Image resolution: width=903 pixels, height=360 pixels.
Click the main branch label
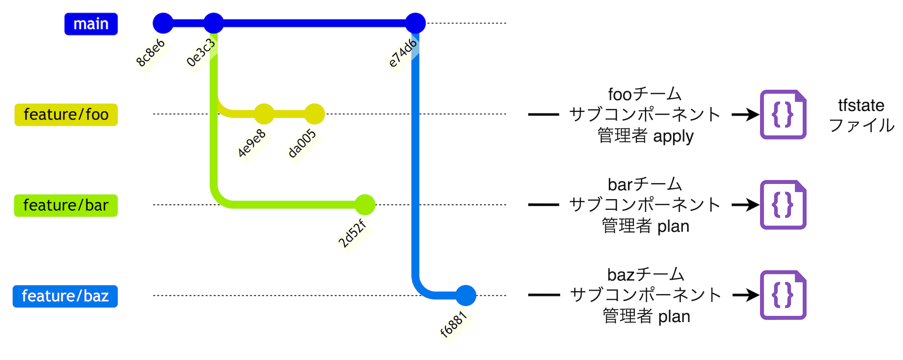(91, 24)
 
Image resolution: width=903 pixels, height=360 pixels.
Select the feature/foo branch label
(66, 115)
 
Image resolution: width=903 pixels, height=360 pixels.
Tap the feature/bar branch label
(66, 206)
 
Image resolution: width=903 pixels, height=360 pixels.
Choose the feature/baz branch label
(65, 296)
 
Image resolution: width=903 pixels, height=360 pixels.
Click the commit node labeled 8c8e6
(163, 23)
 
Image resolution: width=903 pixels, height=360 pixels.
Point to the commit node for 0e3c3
(214, 23)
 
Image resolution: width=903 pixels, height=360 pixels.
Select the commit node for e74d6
(415, 23)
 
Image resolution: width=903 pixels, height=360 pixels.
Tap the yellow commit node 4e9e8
(264, 114)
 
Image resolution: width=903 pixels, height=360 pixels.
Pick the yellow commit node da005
(314, 114)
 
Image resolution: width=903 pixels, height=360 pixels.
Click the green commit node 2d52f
(365, 205)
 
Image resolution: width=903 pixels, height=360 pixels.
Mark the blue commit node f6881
(466, 296)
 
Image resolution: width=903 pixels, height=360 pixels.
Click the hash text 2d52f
(352, 234)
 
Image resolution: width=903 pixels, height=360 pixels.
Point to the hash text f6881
(453, 324)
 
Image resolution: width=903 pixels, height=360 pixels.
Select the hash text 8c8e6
(151, 53)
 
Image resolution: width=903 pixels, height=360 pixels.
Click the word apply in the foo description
(673, 136)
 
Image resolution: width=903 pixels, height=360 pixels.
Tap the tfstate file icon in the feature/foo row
(783, 114)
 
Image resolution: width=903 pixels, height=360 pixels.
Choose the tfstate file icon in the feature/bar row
(783, 205)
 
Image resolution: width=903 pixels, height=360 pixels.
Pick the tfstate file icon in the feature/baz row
(783, 295)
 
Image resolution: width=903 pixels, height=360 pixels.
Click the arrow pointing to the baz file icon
(746, 295)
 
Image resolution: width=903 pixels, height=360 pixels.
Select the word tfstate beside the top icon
(861, 105)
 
